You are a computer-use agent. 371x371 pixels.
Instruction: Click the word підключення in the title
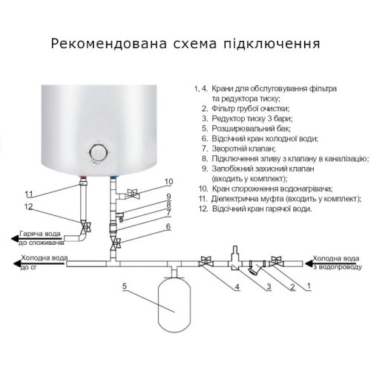click(x=277, y=43)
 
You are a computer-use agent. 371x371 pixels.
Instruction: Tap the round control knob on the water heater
click(x=99, y=152)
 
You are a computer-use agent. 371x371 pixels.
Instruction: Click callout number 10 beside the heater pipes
click(x=168, y=181)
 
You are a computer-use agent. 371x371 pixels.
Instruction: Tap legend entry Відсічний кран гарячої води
click(x=260, y=209)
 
